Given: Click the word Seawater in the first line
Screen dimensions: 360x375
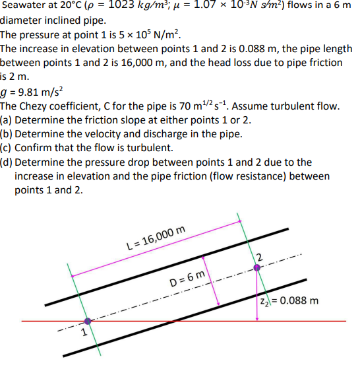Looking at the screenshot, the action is pos(26,7).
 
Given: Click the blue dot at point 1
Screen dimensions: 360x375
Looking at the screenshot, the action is pos(88,322).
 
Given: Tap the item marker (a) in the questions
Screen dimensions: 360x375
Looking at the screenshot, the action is pos(7,120).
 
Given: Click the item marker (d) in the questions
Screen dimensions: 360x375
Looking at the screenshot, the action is pos(7,162).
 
